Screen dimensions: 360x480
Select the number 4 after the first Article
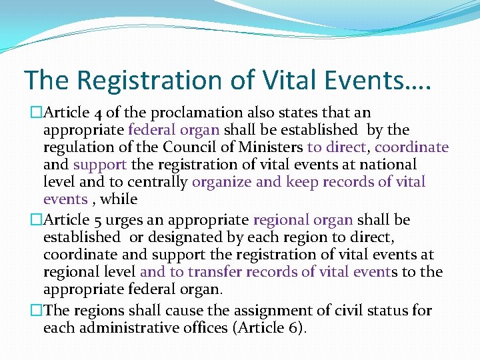point(93,113)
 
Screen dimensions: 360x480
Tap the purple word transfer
point(215,272)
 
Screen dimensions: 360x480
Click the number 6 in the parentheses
point(297,328)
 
